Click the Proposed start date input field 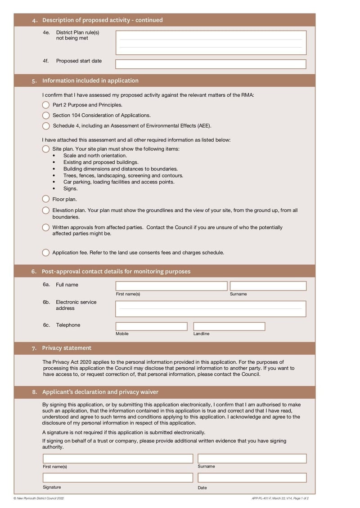[x=211, y=64]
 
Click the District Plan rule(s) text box [x=211, y=43]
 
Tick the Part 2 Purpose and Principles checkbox [x=46, y=105]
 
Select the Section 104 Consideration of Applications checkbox [x=46, y=116]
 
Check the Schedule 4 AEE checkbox [x=46, y=126]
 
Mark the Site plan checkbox [x=46, y=149]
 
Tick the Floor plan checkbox [x=46, y=199]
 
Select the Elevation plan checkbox [x=46, y=210]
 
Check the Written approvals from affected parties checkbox [x=46, y=227]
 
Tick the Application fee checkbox [x=46, y=253]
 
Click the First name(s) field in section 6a [x=171, y=286]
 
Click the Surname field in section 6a [x=268, y=286]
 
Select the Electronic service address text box [x=211, y=309]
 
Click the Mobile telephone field [x=151, y=326]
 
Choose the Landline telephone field [x=229, y=326]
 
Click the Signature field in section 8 [x=118, y=477]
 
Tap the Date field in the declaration [x=252, y=477]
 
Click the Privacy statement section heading [x=67, y=348]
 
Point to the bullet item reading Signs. [x=70, y=189]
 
